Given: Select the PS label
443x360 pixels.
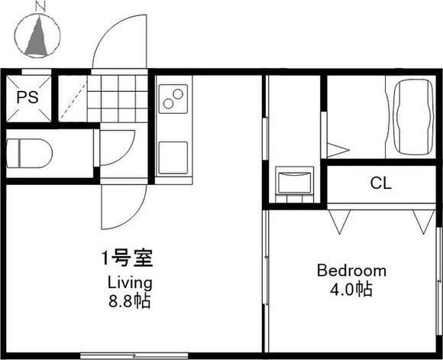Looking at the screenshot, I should (x=27, y=97).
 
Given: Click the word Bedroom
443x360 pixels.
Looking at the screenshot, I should (x=351, y=271).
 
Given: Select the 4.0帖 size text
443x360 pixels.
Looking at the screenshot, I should (x=352, y=290).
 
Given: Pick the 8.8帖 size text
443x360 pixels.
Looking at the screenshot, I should (x=128, y=300).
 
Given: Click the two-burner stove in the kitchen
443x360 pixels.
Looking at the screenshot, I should (x=173, y=99).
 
